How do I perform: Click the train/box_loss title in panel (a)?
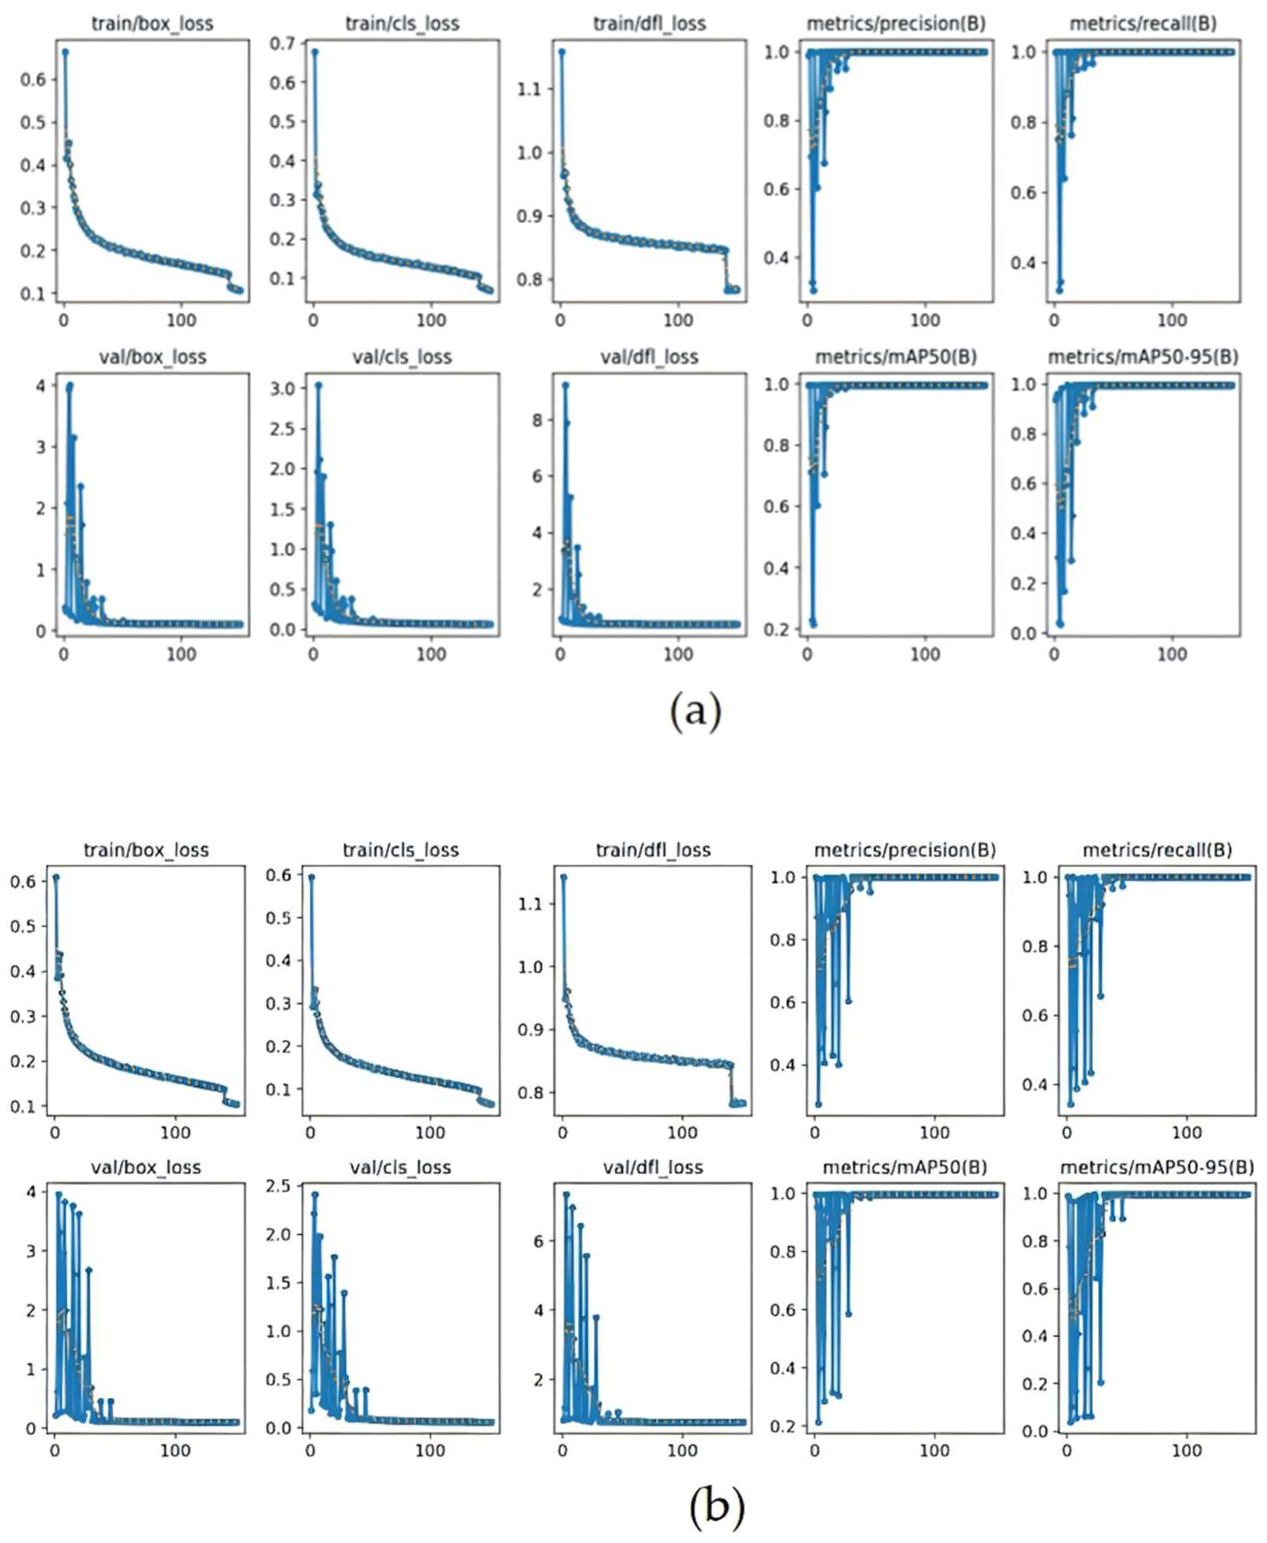[x=153, y=23]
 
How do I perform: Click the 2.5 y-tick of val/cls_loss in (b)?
[x=279, y=1187]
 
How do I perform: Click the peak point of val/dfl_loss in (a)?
[x=565, y=385]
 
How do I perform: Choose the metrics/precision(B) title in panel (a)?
[x=895, y=23]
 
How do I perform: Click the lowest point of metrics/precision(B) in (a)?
[x=813, y=290]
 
